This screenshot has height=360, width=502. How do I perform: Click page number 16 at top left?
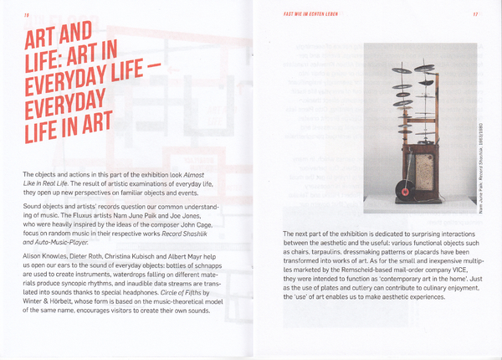coord(27,14)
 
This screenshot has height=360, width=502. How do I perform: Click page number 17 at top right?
coord(474,14)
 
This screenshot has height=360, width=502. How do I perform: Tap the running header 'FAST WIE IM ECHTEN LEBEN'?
coord(311,14)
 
